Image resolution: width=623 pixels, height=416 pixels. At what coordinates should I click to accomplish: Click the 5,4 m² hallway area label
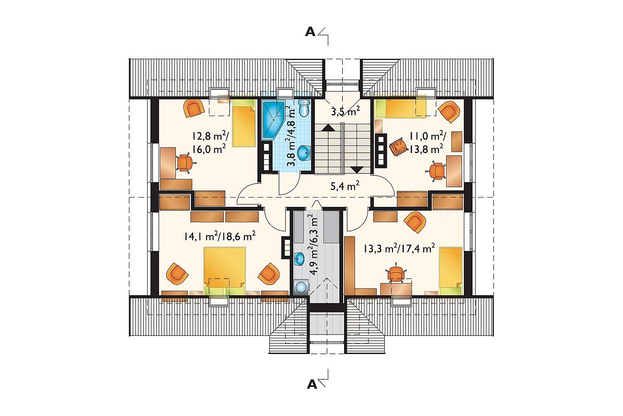(x=345, y=185)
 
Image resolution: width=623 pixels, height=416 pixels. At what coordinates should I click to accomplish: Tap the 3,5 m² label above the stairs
(x=345, y=111)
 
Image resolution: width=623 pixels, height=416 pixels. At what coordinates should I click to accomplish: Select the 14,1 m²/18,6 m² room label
(x=219, y=236)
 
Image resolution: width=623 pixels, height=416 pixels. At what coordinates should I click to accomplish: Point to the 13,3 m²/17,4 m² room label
(x=399, y=249)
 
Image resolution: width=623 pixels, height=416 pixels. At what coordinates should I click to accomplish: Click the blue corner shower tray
(x=274, y=120)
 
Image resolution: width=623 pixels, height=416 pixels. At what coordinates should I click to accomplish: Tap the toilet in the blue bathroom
(x=304, y=108)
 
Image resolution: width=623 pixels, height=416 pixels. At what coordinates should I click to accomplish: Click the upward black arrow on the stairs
(x=328, y=128)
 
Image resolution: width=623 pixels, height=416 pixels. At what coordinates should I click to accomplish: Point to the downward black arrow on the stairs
(x=357, y=169)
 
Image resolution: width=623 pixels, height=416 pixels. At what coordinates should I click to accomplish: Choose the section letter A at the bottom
(x=312, y=384)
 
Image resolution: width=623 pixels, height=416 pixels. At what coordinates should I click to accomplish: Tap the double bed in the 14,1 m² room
(x=225, y=271)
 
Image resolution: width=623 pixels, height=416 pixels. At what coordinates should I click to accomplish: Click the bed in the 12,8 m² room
(x=244, y=122)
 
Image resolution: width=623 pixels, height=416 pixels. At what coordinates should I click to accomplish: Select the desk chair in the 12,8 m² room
(x=184, y=163)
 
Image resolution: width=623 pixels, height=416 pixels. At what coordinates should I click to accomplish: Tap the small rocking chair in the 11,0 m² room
(x=399, y=147)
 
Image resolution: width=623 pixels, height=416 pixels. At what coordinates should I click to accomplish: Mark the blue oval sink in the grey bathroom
(x=299, y=259)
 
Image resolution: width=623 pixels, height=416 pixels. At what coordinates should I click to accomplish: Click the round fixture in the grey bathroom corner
(x=301, y=287)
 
